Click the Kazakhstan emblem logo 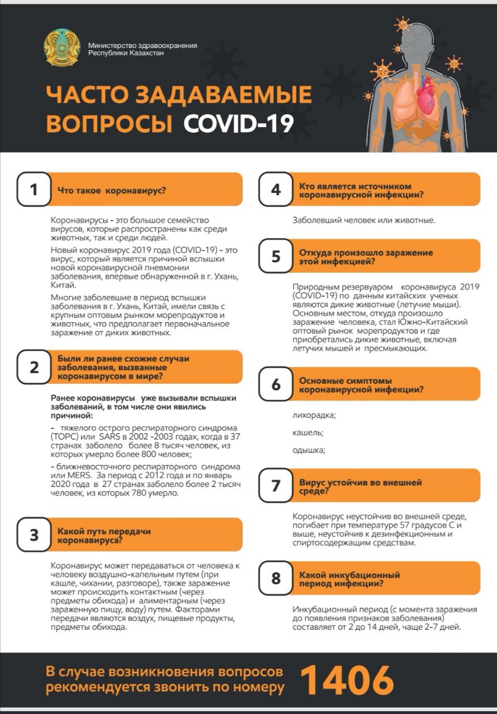pyautogui.click(x=62, y=49)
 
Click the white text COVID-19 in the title pyautogui.click(x=239, y=123)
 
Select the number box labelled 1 pyautogui.click(x=34, y=190)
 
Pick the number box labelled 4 pyautogui.click(x=276, y=190)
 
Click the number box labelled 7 pyautogui.click(x=276, y=485)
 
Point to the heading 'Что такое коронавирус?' pyautogui.click(x=112, y=190)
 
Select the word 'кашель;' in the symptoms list pyautogui.click(x=308, y=432)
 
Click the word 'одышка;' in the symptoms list pyautogui.click(x=309, y=450)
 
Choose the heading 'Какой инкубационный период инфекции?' pyautogui.click(x=350, y=579)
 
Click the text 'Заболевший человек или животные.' pyautogui.click(x=364, y=220)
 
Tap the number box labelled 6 pyautogui.click(x=276, y=385)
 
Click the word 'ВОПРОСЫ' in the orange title pyautogui.click(x=109, y=123)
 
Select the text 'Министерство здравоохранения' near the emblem pyautogui.click(x=142, y=46)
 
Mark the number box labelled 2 pyautogui.click(x=34, y=368)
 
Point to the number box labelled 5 pyautogui.click(x=276, y=257)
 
